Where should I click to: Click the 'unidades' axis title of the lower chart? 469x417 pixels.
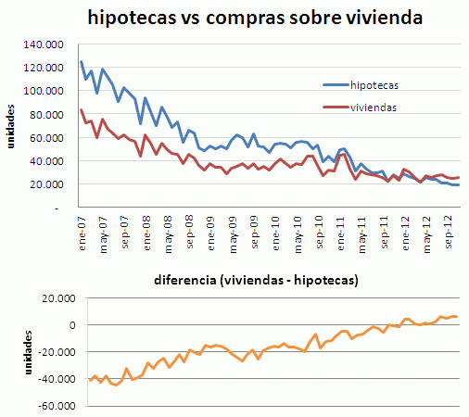12,352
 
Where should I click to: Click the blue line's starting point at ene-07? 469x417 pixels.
82,62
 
